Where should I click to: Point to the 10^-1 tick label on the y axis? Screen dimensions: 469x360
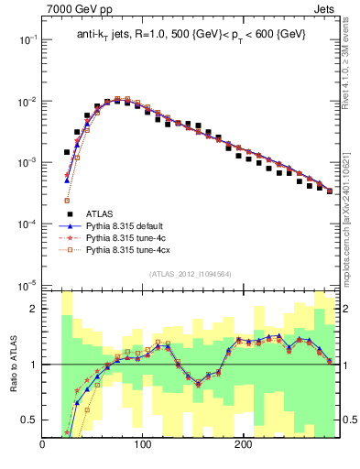pos(26,39)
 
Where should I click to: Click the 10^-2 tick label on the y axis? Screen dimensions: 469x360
pos(26,101)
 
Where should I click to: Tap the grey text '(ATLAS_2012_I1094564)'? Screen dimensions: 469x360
pos(191,274)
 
